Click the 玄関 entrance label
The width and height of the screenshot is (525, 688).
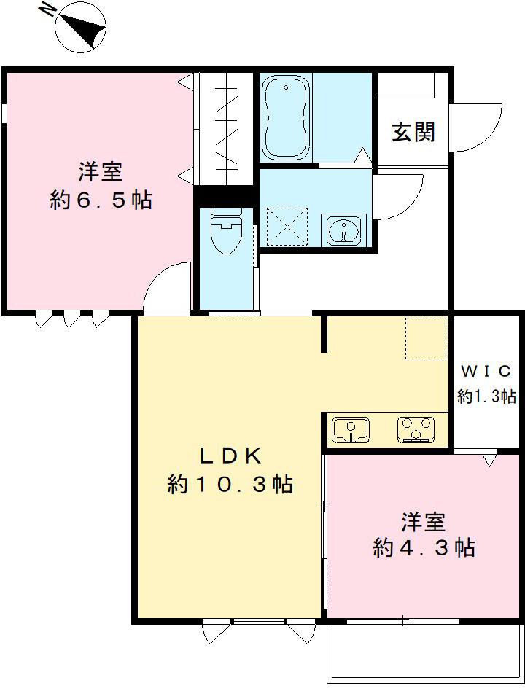(x=413, y=132)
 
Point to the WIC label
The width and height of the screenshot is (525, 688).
(x=487, y=371)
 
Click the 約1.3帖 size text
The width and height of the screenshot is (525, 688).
(x=487, y=396)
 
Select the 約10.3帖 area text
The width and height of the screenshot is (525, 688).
(x=230, y=483)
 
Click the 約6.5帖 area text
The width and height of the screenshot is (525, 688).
(x=101, y=199)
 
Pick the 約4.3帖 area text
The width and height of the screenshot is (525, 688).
(x=424, y=547)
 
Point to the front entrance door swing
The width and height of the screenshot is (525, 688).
(x=475, y=128)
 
